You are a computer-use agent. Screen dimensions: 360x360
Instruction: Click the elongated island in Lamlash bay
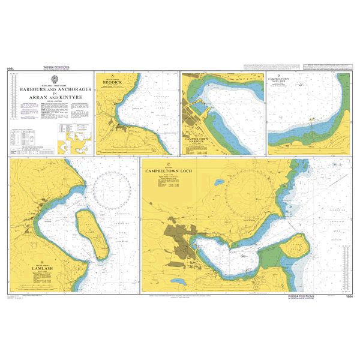92,231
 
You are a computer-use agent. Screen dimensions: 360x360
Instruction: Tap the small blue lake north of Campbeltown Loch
219,182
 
